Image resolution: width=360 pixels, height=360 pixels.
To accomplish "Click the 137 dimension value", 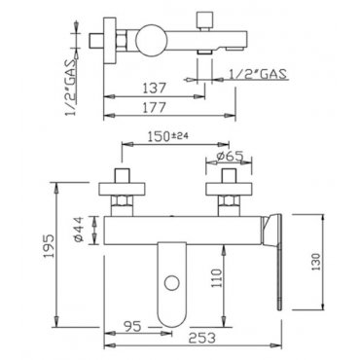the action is click(x=155, y=89).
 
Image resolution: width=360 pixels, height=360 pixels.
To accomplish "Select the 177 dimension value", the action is click(x=155, y=107).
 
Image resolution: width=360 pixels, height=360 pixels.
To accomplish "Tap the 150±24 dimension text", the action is click(x=168, y=136).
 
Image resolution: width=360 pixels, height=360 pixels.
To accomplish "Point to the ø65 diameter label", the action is click(x=230, y=157).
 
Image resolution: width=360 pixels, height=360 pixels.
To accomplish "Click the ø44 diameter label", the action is click(x=80, y=230).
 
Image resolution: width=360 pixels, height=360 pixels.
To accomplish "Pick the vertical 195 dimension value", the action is click(x=50, y=246).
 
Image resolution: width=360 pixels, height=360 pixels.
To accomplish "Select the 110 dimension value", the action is click(x=216, y=278).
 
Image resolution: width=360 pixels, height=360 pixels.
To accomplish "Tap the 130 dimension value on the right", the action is click(x=316, y=262).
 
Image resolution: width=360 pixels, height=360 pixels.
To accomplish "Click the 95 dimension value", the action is click(x=132, y=326).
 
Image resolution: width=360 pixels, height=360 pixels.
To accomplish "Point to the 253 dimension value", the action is click(x=202, y=339).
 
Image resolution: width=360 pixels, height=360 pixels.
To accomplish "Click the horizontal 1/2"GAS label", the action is click(x=258, y=74).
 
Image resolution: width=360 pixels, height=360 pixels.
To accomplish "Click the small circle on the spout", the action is click(x=171, y=283).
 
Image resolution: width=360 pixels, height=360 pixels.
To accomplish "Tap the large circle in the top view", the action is click(x=150, y=40).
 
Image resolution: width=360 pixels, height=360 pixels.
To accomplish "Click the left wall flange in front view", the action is click(x=122, y=190).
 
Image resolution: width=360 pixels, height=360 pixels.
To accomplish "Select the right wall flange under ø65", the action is click(x=229, y=190).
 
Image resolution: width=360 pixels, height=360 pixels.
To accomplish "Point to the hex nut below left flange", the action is click(x=122, y=201).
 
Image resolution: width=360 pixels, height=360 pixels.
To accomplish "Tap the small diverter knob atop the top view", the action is click(x=204, y=20).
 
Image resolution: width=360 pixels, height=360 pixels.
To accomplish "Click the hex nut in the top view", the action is click(x=122, y=40).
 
